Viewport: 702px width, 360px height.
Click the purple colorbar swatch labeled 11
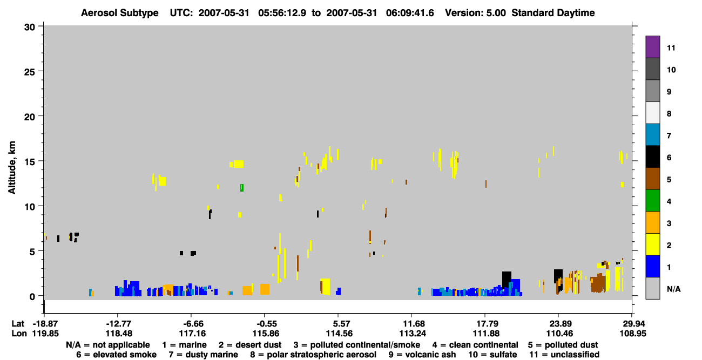(652, 46)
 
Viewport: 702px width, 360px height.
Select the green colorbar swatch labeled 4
(652, 201)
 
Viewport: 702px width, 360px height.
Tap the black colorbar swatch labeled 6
(652, 157)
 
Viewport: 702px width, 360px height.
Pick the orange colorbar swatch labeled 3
(652, 222)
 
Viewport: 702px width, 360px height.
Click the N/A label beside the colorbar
(673, 289)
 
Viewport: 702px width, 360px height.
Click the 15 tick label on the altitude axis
(30, 162)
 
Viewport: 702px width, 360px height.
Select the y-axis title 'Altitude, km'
(11, 168)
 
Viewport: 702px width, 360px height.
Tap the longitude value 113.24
(413, 334)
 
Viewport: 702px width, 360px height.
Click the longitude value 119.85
(45, 334)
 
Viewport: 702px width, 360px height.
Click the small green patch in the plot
(242, 188)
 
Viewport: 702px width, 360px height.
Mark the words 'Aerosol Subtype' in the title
(120, 13)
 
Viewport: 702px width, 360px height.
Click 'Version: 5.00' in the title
(475, 13)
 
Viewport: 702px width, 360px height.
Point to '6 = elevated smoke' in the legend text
(116, 355)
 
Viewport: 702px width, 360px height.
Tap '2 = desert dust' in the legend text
(250, 345)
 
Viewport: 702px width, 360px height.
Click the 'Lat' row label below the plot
(18, 324)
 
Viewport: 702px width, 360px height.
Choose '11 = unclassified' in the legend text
(564, 355)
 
